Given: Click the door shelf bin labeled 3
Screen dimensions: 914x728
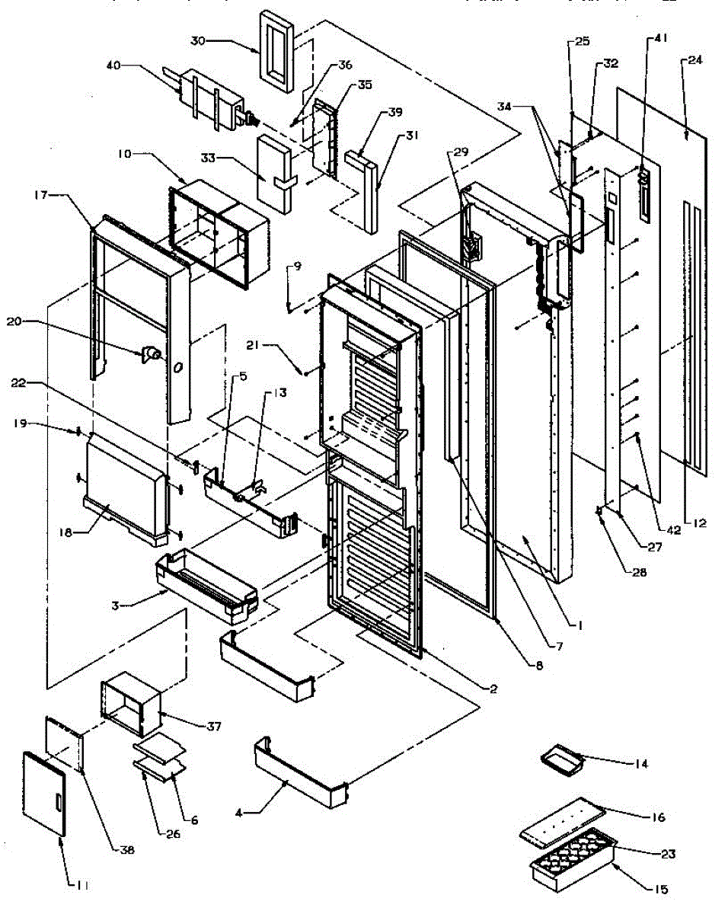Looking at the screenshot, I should click(206, 583).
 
